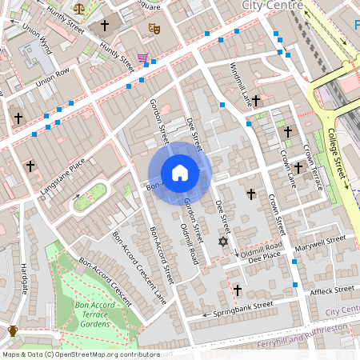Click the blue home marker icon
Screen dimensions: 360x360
[180, 172]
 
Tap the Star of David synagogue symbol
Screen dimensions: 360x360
[223, 241]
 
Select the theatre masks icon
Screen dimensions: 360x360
[154, 29]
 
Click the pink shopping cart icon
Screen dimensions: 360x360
[142, 58]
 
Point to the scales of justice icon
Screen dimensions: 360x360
[78, 7]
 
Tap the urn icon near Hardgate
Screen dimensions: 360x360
[13, 330]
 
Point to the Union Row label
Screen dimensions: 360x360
[54, 79]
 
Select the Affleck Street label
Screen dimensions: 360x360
[332, 289]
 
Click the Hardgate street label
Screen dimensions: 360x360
[24, 277]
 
